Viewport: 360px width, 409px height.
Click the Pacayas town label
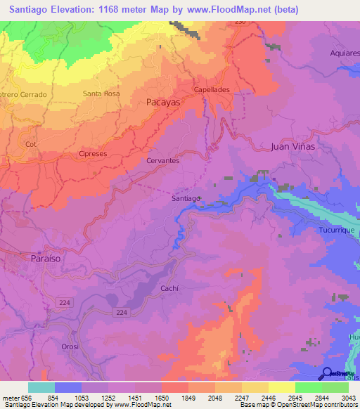(x=163, y=102)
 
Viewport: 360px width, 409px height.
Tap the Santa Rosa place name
(x=101, y=93)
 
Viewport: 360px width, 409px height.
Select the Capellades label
(x=212, y=90)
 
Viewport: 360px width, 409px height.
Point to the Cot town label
(x=30, y=144)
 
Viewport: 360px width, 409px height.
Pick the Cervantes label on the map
(x=162, y=160)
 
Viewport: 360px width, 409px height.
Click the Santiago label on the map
(x=186, y=198)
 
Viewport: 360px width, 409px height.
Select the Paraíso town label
(x=46, y=259)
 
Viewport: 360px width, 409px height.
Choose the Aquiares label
(x=345, y=53)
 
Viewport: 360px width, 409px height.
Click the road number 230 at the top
(x=240, y=22)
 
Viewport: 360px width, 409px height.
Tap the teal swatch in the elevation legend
(x=41, y=387)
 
